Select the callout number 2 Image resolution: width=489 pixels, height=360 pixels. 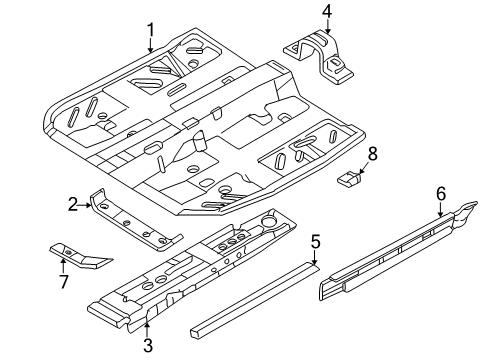(x=73, y=205)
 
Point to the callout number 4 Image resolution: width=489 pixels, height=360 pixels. (x=325, y=11)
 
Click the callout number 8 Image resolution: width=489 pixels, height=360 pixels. (x=372, y=153)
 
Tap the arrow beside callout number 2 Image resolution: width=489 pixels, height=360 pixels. (x=86, y=205)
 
